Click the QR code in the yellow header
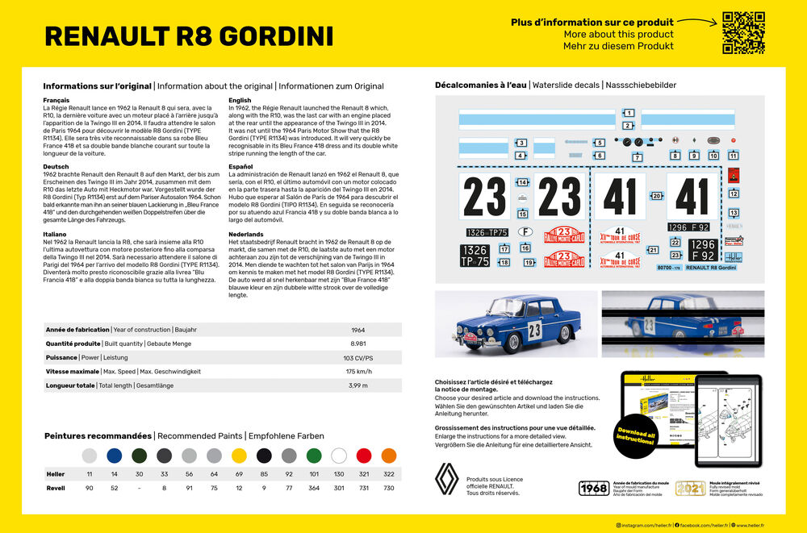[743, 32]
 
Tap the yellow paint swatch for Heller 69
[239, 456]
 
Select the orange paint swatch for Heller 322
[388, 456]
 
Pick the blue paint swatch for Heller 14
[115, 456]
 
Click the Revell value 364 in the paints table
[313, 488]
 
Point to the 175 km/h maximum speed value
[358, 372]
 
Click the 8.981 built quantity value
[358, 344]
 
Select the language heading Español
[240, 166]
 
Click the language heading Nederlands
[246, 233]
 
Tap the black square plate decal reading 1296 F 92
[702, 250]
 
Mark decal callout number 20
[656, 196]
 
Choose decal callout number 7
[638, 157]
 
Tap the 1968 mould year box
[594, 488]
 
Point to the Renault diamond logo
[446, 481]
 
